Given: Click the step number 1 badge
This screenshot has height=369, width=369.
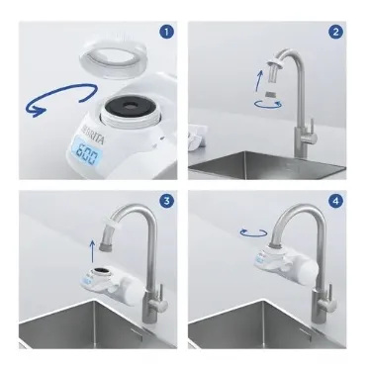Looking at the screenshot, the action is point(166,32).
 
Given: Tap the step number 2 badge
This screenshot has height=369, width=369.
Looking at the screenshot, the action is point(335,32).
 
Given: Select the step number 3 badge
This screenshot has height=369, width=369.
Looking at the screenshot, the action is point(166,201).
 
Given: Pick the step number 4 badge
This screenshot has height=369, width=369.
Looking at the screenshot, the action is point(335,201).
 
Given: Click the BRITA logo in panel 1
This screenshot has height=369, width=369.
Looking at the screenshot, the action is point(93,134).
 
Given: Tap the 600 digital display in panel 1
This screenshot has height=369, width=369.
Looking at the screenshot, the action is point(87,153).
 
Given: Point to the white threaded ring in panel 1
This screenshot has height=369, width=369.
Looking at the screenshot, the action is point(113,58).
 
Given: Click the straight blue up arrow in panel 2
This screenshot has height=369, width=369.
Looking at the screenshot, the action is point(259,80).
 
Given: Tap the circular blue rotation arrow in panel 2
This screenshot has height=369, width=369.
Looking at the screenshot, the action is point(268,105).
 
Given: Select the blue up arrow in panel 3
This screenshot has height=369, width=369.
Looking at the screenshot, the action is point(93,250).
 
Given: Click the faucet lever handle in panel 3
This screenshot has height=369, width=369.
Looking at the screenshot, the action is point(161,298).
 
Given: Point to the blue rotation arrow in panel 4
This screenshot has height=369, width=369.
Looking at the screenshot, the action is point(253,233).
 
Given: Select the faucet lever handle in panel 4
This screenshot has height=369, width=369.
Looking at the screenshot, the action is point(330,296).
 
